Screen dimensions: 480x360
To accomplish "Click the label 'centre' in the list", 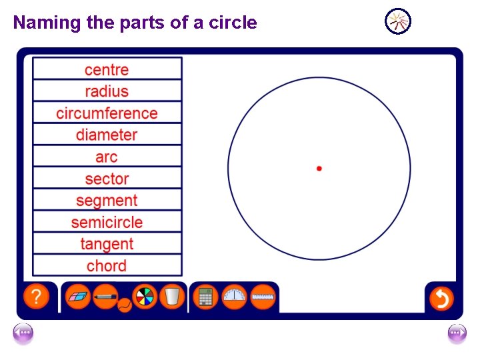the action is coord(107,69).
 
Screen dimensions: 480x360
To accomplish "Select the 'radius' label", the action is coord(107,91).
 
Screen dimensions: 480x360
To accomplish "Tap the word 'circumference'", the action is coord(107,113).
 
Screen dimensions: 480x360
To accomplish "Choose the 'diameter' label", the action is coord(107,135).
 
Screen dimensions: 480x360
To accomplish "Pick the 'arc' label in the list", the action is coord(107,157).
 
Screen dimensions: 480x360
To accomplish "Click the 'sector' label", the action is coord(107,179).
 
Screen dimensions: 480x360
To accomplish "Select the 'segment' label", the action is coord(107,201).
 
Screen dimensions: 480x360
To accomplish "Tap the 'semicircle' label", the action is coord(107,222).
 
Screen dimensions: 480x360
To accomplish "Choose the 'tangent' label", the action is coord(107,244).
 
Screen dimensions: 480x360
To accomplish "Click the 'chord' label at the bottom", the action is coord(107,266).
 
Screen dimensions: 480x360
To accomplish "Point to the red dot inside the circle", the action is coord(319,169).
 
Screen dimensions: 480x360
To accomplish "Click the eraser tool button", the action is coord(77,297).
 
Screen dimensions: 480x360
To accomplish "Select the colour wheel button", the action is coord(145,297).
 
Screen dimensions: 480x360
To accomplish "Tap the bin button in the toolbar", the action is coord(172,297).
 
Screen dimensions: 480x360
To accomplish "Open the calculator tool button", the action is coord(205,297).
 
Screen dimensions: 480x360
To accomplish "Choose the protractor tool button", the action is coord(234,297).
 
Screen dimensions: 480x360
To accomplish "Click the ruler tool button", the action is coord(263,297).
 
